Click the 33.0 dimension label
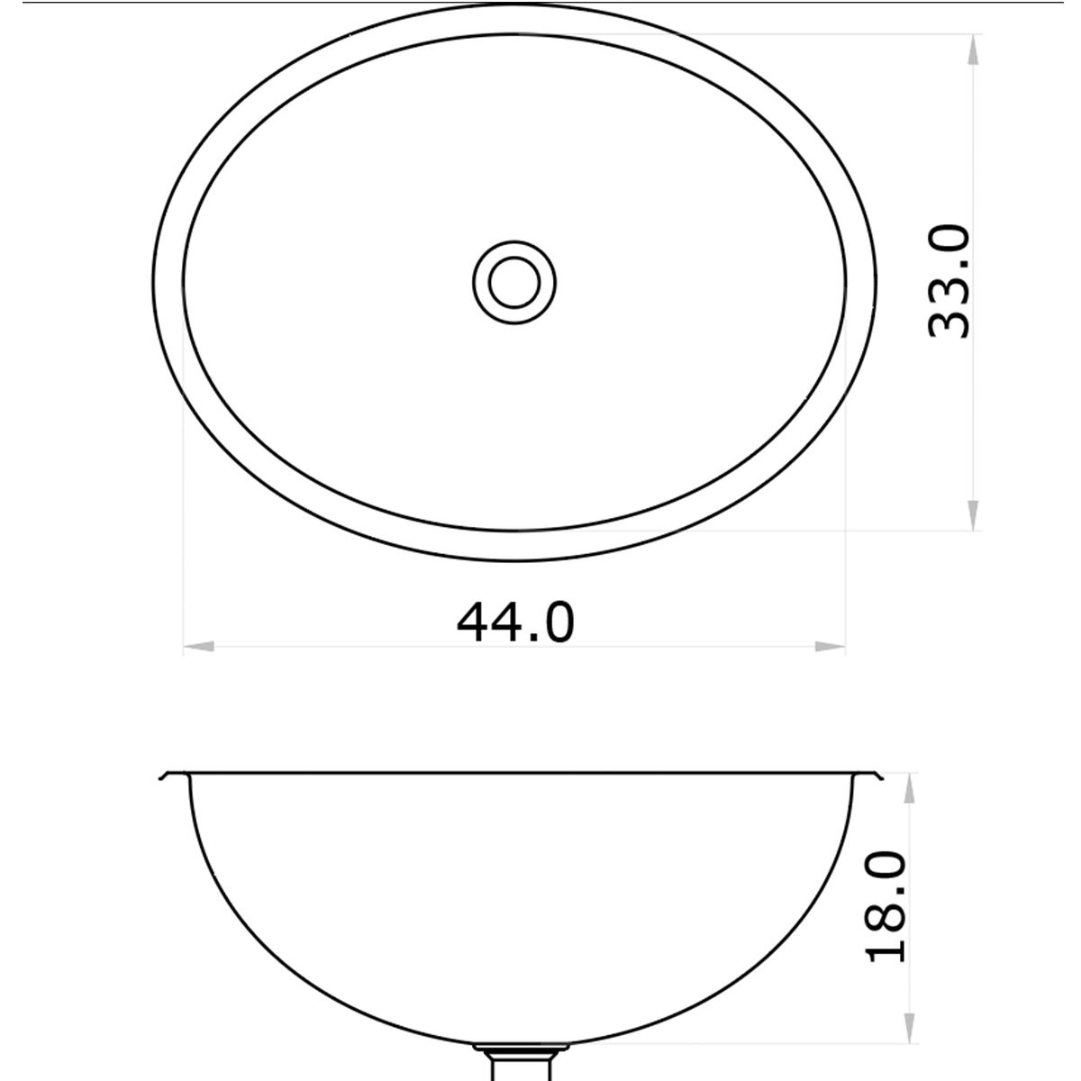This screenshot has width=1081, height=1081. (949, 282)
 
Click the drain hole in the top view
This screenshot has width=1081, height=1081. (514, 281)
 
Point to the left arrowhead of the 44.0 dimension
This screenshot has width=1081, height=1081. (198, 646)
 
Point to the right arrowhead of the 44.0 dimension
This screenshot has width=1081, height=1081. (830, 646)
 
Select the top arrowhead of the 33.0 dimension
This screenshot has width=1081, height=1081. (974, 50)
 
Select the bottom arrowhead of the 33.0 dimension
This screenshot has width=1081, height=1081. (974, 515)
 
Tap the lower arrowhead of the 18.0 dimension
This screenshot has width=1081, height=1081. (910, 1027)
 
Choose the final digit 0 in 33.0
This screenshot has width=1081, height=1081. (949, 242)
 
